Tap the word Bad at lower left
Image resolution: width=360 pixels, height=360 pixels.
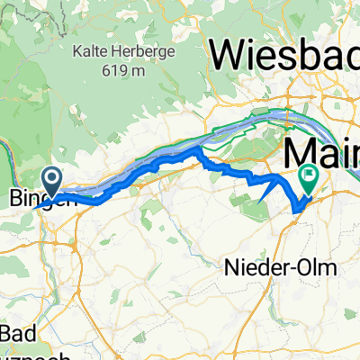[19, 333]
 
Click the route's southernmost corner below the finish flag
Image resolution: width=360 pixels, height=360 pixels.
[295, 211]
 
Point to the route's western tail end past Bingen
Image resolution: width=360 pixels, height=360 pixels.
[34, 208]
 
